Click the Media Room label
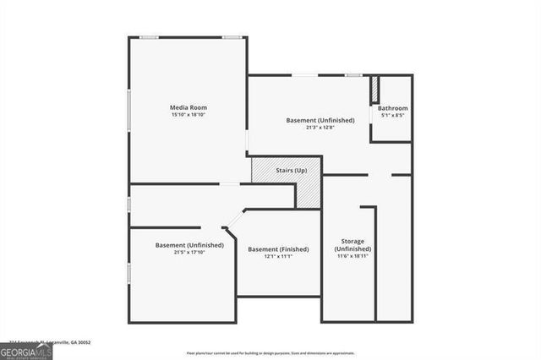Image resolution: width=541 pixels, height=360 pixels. tap(188, 107)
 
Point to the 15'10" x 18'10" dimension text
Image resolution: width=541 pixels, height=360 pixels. tap(188, 114)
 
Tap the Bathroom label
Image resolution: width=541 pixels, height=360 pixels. tap(392, 108)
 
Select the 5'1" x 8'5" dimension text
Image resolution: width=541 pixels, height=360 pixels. tap(392, 115)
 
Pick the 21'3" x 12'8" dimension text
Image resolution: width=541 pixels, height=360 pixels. tap(320, 128)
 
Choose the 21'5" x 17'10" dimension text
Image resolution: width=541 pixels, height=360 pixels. tap(189, 252)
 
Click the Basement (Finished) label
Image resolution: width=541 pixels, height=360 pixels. tap(278, 249)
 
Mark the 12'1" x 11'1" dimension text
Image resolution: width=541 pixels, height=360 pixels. tap(278, 256)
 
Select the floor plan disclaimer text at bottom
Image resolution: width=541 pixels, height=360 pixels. tap(270, 352)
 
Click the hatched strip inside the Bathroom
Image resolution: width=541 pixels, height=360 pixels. tap(374, 90)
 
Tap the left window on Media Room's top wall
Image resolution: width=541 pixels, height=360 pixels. tap(150, 36)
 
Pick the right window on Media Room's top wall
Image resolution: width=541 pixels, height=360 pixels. tap(232, 36)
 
